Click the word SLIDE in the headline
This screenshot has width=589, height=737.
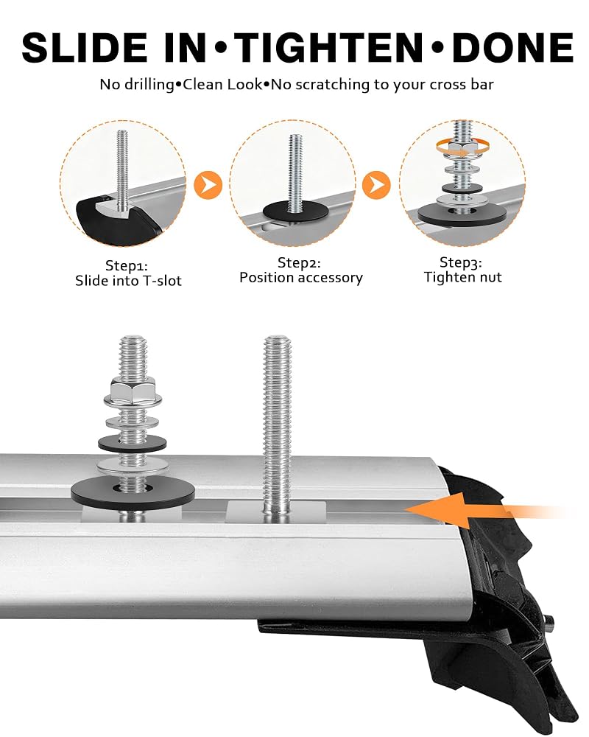tap(85, 48)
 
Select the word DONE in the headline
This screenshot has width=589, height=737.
tap(512, 48)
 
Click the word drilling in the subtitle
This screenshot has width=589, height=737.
tap(149, 85)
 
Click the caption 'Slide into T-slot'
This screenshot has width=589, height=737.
tap(128, 281)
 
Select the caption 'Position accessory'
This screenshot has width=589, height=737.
tap(301, 278)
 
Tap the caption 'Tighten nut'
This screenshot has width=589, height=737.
tap(462, 277)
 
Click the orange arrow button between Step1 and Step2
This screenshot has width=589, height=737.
tap(208, 185)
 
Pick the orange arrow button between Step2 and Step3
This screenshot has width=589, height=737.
tap(377, 185)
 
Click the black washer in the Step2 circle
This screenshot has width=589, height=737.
tap(295, 212)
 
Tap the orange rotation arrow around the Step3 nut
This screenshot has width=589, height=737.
tap(462, 145)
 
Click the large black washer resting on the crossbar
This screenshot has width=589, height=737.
tap(133, 491)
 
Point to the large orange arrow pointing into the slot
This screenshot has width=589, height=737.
tap(484, 509)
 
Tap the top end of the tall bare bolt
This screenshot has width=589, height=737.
tap(277, 338)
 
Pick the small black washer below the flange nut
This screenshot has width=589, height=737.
tap(133, 442)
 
